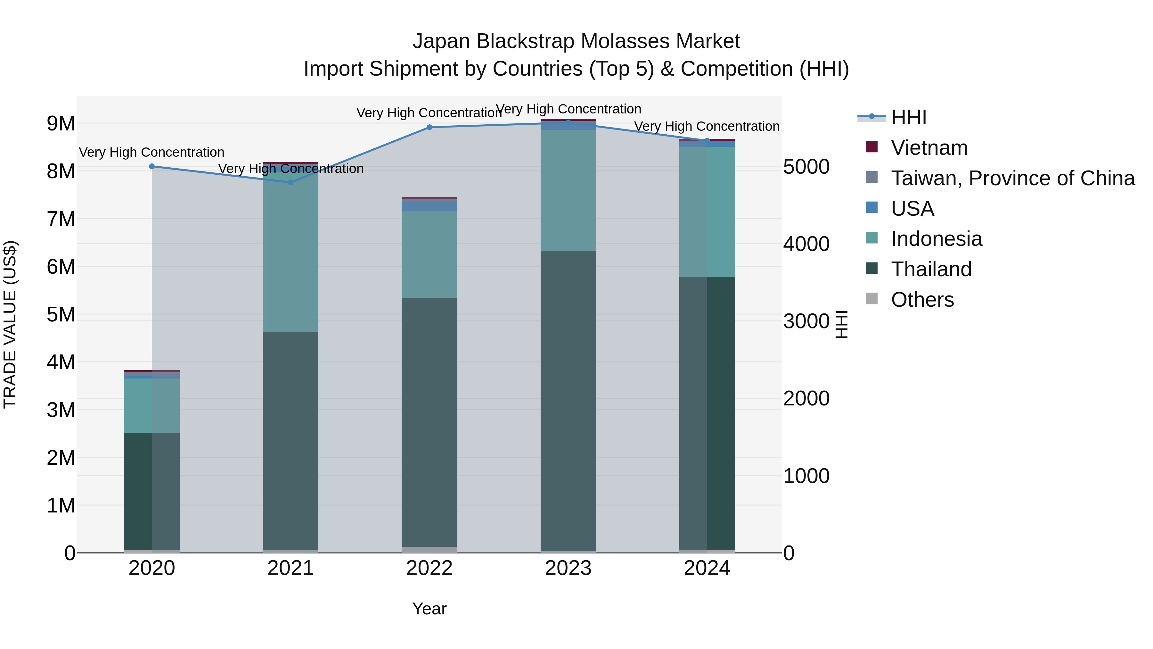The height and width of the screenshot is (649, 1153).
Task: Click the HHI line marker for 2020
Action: point(152,166)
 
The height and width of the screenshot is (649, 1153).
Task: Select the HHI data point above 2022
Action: point(429,127)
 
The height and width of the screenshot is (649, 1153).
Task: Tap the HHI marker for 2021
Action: point(290,182)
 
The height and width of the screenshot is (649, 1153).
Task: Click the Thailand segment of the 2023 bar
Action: point(568,401)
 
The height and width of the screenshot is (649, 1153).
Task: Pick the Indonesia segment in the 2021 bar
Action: point(290,251)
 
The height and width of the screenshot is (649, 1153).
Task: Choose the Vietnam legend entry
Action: point(929,148)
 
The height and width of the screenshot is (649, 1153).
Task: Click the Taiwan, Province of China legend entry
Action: point(1012,178)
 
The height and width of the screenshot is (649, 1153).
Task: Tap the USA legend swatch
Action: point(872,208)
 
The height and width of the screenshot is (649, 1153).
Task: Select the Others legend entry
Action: point(922,300)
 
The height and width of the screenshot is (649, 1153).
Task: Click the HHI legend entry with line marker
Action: point(908,117)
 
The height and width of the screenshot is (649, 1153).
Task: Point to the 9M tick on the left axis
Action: point(61,123)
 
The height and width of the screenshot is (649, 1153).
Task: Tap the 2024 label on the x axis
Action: point(707,568)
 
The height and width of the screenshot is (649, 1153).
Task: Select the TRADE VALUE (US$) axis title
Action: point(10,324)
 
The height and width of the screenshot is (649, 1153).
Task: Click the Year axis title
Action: point(429,609)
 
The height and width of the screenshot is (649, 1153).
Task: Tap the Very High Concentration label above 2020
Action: point(152,152)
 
